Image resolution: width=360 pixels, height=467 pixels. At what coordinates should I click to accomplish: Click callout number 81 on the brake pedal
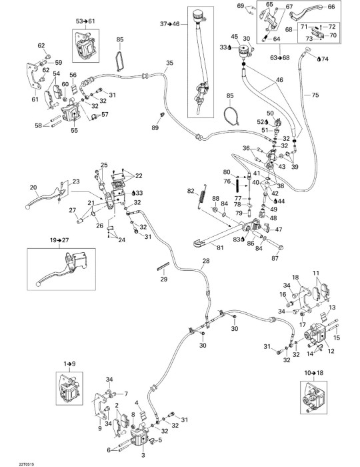click(x=220, y=248)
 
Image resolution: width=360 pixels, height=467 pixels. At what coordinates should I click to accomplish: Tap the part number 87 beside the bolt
click(x=275, y=258)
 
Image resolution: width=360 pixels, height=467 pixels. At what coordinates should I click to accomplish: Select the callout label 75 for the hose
click(x=315, y=95)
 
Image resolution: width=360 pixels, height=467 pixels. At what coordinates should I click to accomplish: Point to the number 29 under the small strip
click(x=163, y=279)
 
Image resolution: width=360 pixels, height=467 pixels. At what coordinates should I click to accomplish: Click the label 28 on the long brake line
click(x=206, y=261)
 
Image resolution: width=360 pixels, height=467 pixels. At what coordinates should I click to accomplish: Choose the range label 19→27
click(x=59, y=240)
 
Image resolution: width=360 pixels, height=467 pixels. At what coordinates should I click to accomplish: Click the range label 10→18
click(x=314, y=372)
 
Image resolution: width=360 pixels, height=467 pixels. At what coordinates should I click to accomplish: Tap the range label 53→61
click(x=85, y=21)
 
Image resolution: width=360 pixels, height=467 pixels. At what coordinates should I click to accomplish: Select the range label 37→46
click(x=170, y=24)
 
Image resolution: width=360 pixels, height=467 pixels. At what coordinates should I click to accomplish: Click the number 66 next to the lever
click(x=331, y=7)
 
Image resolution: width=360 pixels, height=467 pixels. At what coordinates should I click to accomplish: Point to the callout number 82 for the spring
click(x=191, y=191)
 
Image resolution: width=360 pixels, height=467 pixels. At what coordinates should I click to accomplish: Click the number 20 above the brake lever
click(x=33, y=187)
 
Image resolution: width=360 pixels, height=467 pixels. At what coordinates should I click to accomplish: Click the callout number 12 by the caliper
click(x=331, y=352)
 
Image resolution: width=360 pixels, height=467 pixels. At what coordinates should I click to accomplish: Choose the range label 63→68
click(x=280, y=57)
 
